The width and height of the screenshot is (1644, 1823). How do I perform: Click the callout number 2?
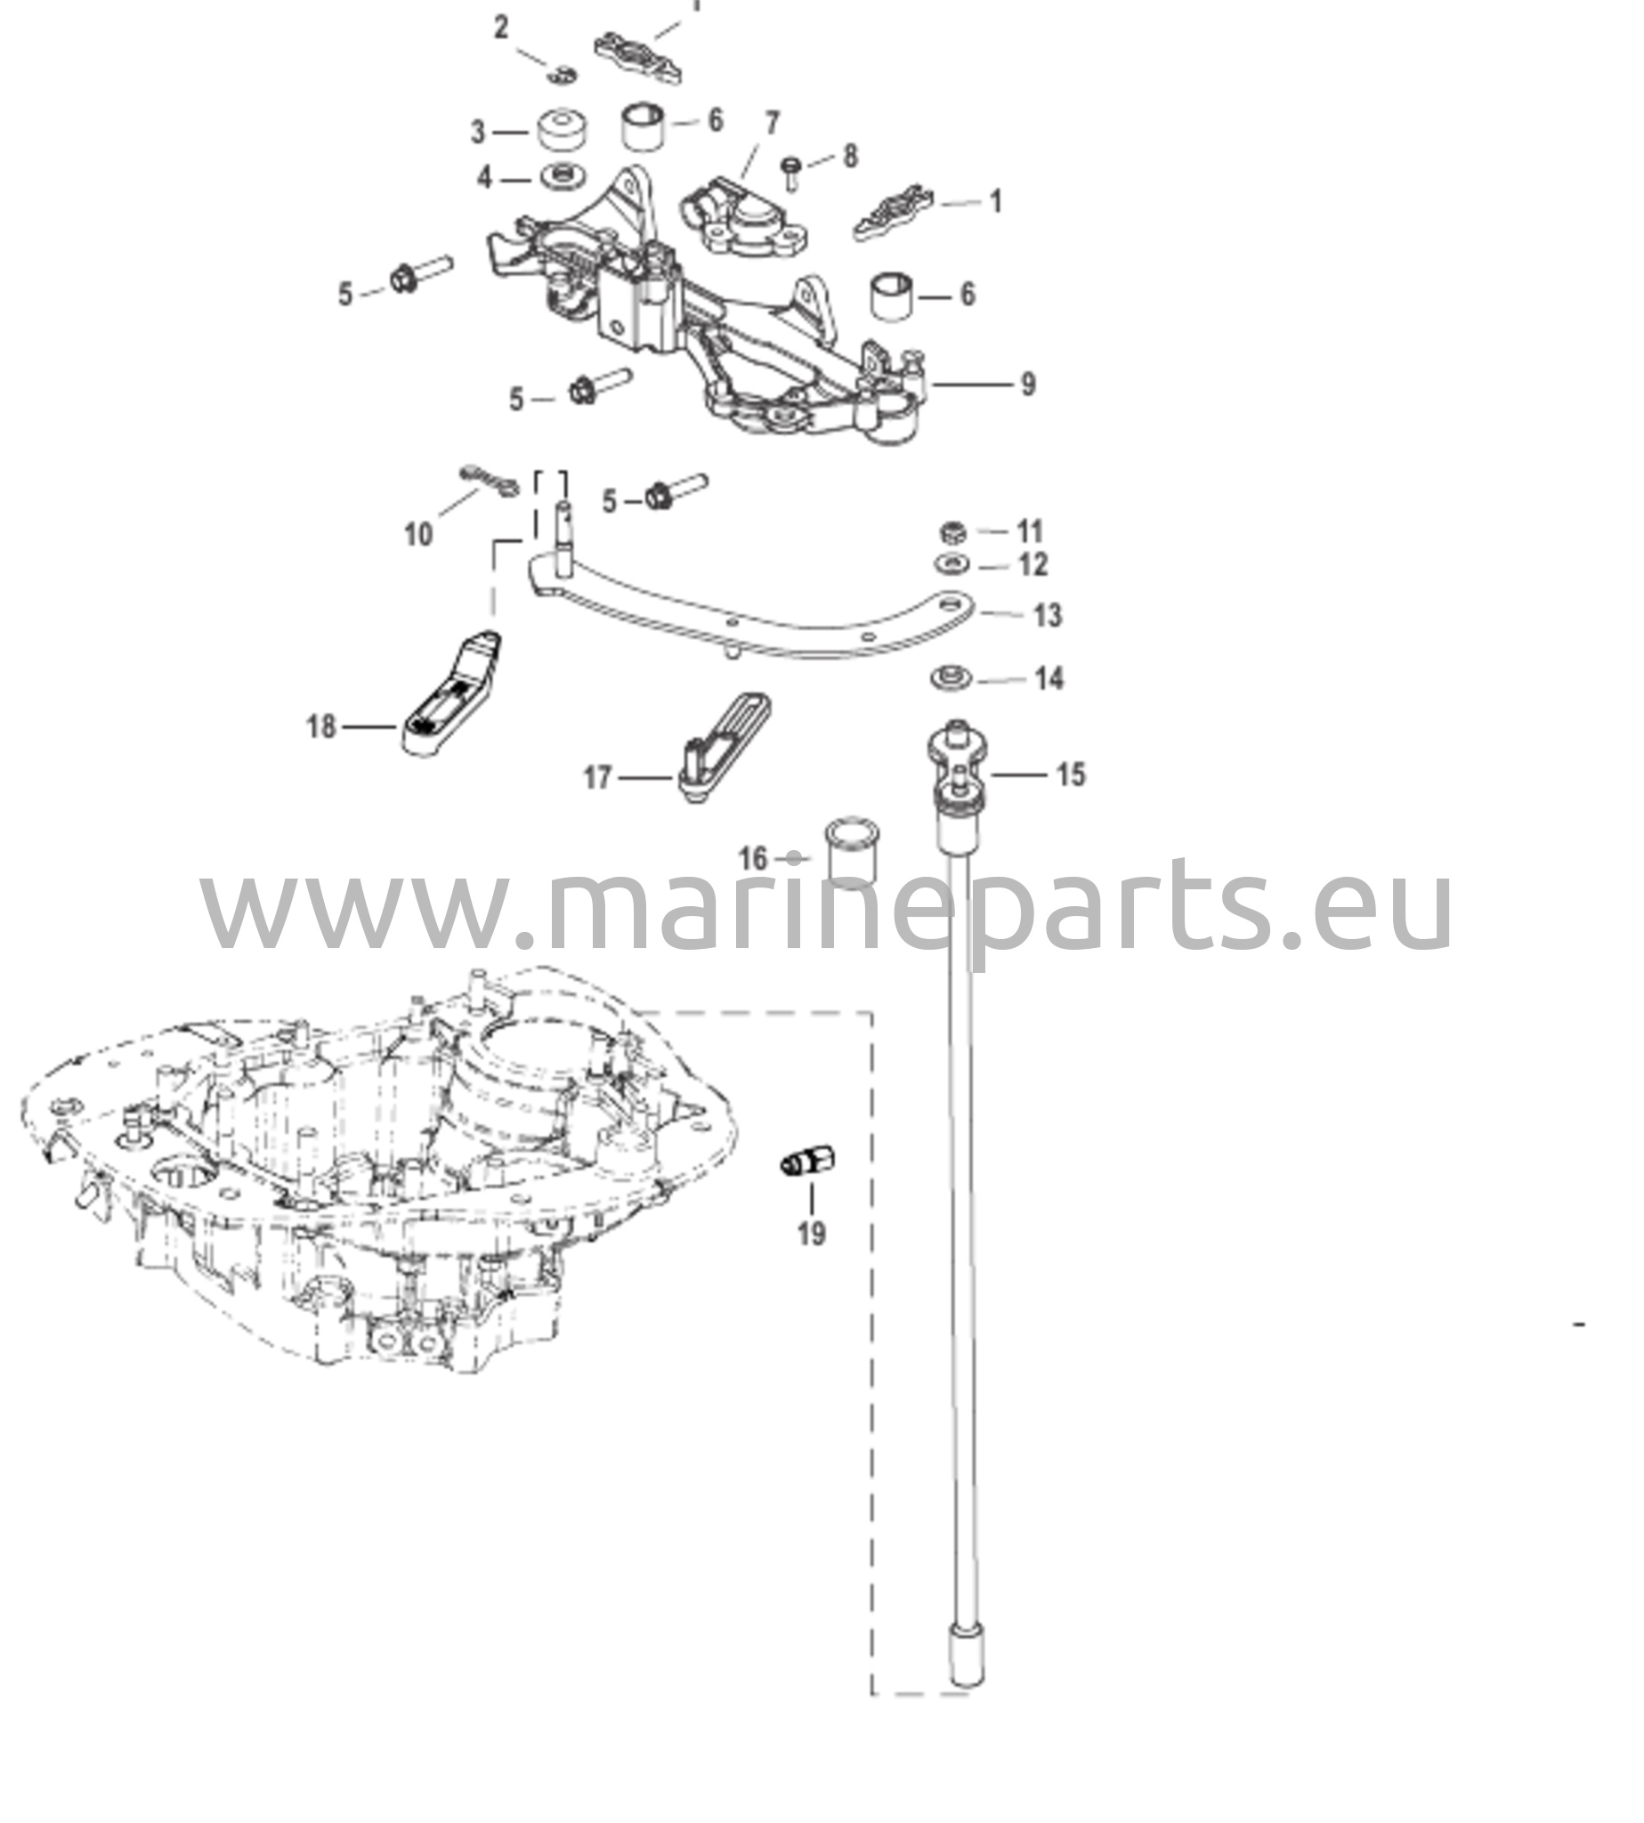click(x=501, y=28)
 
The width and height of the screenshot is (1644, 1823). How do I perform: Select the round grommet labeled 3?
click(x=562, y=130)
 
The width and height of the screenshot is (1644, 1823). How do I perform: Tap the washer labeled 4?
click(x=560, y=176)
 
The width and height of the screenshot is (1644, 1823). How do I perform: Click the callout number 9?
click(x=1028, y=385)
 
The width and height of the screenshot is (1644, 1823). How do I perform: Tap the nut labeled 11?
click(x=953, y=531)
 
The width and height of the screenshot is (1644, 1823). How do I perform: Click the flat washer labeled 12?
click(x=952, y=563)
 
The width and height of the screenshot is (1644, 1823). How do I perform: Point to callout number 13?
click(x=1047, y=615)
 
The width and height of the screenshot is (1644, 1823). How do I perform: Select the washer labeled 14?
click(x=952, y=677)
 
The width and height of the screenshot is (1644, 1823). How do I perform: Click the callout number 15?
click(x=1071, y=774)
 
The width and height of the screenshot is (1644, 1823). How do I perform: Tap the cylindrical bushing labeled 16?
click(x=854, y=853)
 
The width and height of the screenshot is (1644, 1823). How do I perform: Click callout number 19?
click(x=811, y=1233)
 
